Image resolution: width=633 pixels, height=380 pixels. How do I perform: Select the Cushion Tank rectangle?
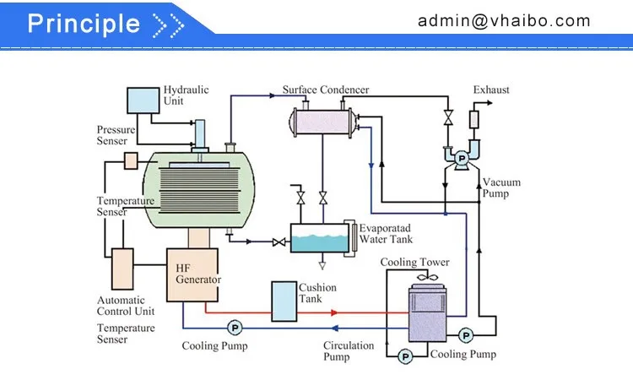[x=284, y=300]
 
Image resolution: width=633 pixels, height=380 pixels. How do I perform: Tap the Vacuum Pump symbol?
[x=462, y=158]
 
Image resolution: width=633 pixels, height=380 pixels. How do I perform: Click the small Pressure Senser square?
[x=132, y=160]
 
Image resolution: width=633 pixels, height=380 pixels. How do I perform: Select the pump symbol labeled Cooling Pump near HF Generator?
[x=234, y=328]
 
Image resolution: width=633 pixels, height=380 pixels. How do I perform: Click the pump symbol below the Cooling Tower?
[x=406, y=356]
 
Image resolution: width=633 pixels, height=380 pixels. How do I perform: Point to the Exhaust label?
[x=491, y=90]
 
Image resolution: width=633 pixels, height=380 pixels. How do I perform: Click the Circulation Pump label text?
[x=348, y=350]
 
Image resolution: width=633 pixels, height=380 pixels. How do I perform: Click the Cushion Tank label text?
[x=317, y=293]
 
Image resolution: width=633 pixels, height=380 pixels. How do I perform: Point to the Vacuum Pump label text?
[x=500, y=187]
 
